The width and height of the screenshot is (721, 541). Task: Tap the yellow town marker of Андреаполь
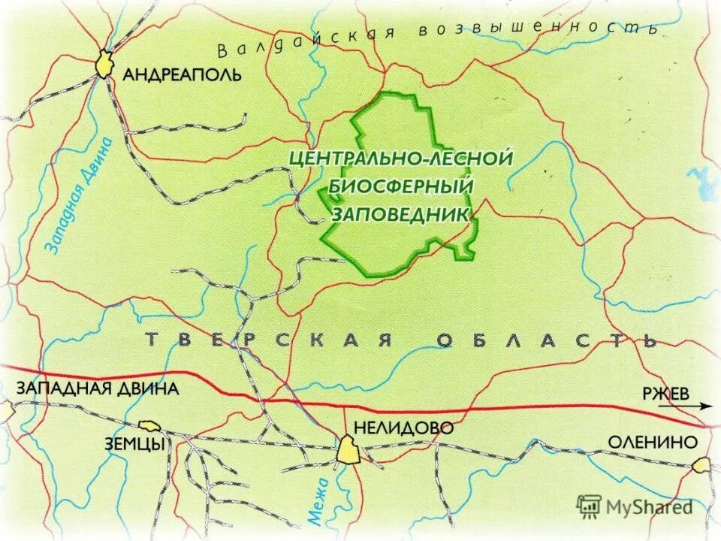[x=104, y=65]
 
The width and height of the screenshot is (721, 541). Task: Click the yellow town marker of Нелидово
[x=348, y=451]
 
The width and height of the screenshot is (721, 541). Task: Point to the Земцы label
[x=134, y=444]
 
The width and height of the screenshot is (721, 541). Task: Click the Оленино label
[x=652, y=442]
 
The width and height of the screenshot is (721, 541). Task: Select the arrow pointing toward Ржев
[x=685, y=406]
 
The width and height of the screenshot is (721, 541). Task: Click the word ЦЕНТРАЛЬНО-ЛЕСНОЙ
[x=401, y=159]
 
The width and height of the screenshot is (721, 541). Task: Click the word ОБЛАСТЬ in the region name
[x=547, y=340]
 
